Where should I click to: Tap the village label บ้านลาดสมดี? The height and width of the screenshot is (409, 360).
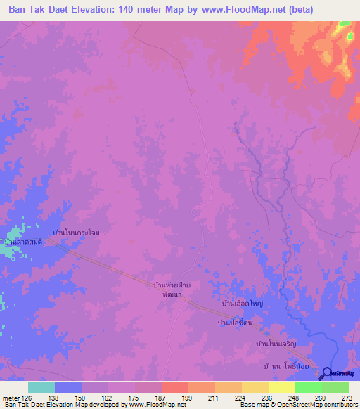pyautogui.click(x=22, y=241)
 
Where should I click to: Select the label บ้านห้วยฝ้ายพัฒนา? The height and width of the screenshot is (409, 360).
pyautogui.click(x=172, y=290)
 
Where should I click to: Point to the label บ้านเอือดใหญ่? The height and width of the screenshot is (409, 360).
pyautogui.click(x=243, y=304)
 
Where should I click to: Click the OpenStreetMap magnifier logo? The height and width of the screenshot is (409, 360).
pyautogui.click(x=326, y=373)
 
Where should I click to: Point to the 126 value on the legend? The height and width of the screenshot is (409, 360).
pyautogui.click(x=26, y=397)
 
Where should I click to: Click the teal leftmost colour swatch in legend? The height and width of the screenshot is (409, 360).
pyautogui.click(x=41, y=387)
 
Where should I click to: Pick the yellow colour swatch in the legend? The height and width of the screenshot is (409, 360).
pyautogui.click(x=281, y=387)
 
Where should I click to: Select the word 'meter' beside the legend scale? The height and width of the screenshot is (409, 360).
pyautogui.click(x=10, y=397)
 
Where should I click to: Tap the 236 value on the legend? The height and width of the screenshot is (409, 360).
pyautogui.click(x=262, y=397)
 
